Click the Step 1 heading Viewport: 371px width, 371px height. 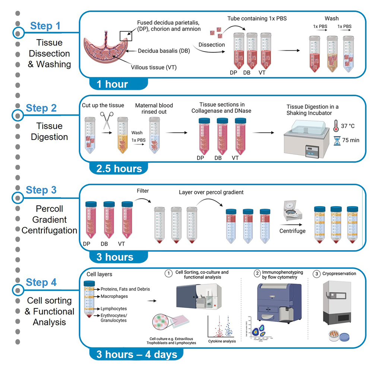point(45,26)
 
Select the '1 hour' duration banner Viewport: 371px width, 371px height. point(112,84)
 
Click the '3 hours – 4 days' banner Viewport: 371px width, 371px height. point(136,353)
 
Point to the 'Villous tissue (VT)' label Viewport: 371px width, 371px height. point(153,67)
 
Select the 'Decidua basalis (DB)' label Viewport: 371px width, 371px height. point(164,51)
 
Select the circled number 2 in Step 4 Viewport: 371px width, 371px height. point(257,273)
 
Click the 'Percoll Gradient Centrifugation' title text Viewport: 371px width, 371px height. point(49,219)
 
